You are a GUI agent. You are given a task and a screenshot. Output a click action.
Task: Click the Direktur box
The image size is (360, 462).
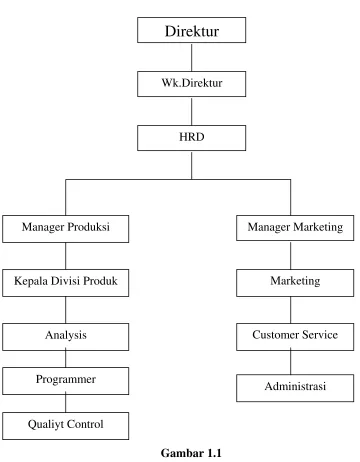(x=191, y=30)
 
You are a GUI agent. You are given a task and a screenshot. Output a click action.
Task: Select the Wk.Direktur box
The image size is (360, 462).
(x=191, y=84)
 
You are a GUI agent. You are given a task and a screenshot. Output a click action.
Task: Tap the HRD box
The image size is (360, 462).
(x=191, y=138)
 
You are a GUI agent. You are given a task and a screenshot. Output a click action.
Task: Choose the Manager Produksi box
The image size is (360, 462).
(x=66, y=229)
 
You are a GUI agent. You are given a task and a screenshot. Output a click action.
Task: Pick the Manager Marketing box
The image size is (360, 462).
(x=295, y=228)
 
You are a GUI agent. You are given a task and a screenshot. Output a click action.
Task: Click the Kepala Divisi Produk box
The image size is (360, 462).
(x=66, y=283)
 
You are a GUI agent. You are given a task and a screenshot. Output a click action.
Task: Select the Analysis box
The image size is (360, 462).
(x=66, y=337)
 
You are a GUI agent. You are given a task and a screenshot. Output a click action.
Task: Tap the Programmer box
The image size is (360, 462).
(x=66, y=381)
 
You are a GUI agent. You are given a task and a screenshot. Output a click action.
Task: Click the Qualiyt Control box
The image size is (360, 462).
(x=66, y=426)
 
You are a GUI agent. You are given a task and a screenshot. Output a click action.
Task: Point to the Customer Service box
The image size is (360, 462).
(x=295, y=337)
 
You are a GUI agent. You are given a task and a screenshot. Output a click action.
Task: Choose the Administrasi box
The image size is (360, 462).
(x=295, y=388)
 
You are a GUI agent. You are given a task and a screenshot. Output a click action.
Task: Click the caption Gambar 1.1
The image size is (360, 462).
(x=191, y=453)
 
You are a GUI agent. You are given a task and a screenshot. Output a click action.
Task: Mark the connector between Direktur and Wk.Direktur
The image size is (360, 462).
(x=191, y=57)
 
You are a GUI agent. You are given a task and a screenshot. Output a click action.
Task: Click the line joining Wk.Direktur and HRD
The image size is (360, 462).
(x=191, y=111)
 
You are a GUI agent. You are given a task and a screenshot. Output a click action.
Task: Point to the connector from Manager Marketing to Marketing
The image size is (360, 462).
(x=290, y=255)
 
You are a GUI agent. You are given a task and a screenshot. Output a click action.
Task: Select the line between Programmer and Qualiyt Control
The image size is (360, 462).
(x=66, y=403)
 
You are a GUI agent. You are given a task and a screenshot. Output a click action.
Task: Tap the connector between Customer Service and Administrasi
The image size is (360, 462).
(x=290, y=362)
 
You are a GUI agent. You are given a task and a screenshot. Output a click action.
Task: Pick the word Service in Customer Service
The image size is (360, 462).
(x=320, y=334)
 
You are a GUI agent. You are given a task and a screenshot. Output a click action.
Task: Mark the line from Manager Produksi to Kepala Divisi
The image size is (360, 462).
(x=66, y=256)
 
